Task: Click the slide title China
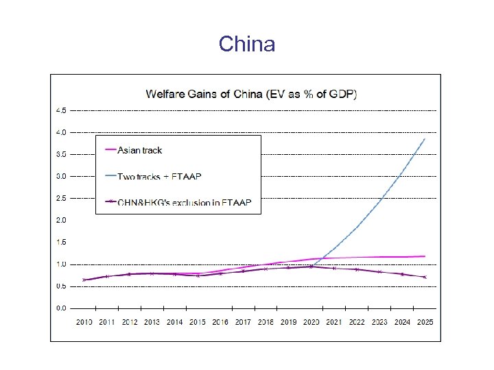(247, 45)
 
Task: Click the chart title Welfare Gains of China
(250, 94)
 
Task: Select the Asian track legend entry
(140, 150)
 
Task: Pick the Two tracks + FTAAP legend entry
(159, 176)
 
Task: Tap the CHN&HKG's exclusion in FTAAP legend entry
(185, 202)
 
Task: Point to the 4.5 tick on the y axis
(61, 110)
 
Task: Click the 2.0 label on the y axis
(61, 220)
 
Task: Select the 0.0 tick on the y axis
(61, 308)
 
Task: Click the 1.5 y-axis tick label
(61, 242)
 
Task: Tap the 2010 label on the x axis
(84, 322)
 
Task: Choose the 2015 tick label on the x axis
(198, 322)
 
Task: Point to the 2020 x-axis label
(311, 322)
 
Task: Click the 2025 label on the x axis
(424, 322)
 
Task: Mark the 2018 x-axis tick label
(266, 322)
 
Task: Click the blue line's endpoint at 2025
(425, 139)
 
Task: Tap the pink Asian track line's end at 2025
(425, 256)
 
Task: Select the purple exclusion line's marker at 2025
(425, 277)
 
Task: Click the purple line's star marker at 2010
(84, 280)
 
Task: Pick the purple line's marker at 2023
(379, 272)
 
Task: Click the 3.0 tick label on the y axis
(61, 176)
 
